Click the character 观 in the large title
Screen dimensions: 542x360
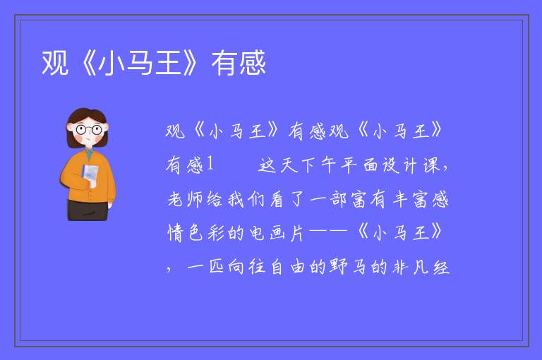pyautogui.click(x=55, y=63)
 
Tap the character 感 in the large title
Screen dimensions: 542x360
pyautogui.click(x=253, y=63)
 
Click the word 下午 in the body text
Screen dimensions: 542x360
pyautogui.click(x=318, y=165)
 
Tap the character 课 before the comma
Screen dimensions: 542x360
pyautogui.click(x=431, y=165)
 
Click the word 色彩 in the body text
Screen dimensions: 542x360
pyautogui.click(x=206, y=233)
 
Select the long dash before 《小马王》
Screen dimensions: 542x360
pyautogui.click(x=329, y=232)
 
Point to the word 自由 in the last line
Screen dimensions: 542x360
pyautogui.click(x=288, y=267)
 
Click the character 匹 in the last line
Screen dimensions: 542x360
pyautogui.click(x=216, y=267)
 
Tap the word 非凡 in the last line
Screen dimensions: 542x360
pyautogui.click(x=410, y=267)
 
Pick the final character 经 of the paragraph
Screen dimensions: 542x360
pyautogui.click(x=441, y=267)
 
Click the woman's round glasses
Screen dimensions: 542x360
pyautogui.click(x=88, y=130)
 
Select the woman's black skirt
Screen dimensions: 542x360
pyautogui.click(x=88, y=210)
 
